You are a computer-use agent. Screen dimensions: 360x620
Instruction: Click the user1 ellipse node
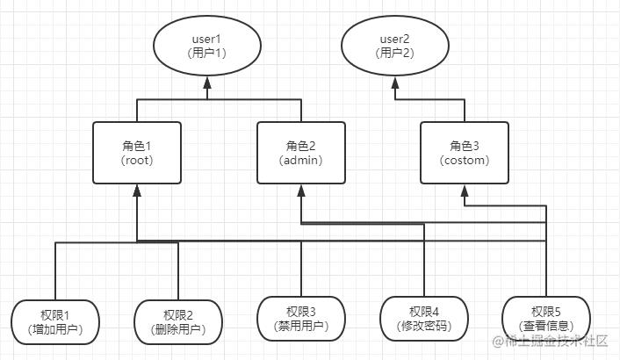208,46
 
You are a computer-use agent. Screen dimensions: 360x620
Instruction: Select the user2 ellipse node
395,46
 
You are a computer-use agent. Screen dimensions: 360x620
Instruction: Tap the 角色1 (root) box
137,152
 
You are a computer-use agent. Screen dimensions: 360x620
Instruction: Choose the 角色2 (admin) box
301,152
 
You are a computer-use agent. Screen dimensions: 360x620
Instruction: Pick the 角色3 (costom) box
465,152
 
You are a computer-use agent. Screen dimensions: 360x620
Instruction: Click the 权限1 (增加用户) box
54,320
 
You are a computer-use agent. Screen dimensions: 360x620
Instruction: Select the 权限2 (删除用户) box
178,320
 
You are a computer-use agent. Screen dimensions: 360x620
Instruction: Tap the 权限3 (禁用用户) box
301,320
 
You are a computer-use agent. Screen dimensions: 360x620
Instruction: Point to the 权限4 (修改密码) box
424,320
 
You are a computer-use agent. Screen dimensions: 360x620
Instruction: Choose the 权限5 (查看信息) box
547,320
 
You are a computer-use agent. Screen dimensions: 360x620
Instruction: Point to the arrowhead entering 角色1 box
137,191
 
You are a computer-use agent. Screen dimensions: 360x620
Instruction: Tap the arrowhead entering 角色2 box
301,191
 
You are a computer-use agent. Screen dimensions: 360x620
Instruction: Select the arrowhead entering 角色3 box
465,191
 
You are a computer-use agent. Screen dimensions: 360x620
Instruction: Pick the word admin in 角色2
301,161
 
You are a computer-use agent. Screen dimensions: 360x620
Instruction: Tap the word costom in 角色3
465,161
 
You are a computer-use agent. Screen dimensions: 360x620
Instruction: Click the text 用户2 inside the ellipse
395,54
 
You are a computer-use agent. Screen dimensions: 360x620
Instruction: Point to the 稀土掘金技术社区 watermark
555,342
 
